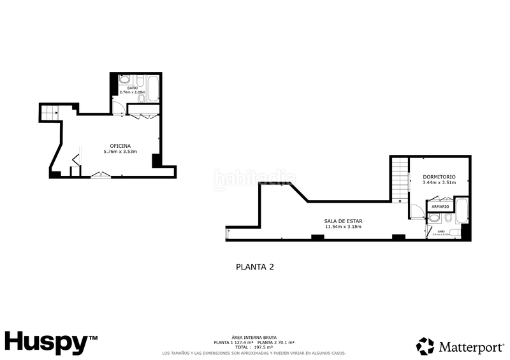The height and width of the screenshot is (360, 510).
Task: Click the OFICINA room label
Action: [120, 145]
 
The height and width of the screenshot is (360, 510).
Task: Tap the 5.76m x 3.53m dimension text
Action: [120, 152]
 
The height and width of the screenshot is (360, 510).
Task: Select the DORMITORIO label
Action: [439, 176]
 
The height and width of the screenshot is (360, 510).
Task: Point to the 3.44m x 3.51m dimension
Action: [439, 183]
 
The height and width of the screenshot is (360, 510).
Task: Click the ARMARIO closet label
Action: [440, 207]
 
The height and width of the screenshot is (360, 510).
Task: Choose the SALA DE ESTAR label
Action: [343, 220]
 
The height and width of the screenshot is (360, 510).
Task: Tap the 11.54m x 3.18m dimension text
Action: [343, 227]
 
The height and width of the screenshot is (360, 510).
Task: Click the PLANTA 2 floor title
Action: [255, 268]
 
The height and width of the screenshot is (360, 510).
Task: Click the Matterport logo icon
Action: [425, 346]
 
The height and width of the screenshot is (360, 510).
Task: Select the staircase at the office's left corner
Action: [50, 113]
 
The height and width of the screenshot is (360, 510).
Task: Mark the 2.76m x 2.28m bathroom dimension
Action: [133, 92]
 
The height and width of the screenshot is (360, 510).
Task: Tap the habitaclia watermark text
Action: [254, 180]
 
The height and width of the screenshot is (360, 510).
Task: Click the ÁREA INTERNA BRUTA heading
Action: [254, 337]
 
